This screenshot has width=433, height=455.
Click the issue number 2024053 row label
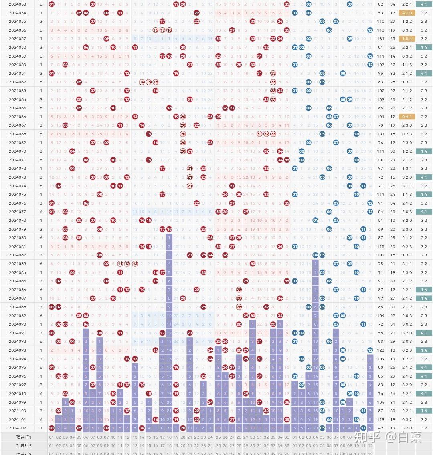(17, 4)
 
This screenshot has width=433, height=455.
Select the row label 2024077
(17, 211)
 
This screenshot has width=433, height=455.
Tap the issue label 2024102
(17, 428)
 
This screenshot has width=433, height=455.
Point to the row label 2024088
(17, 307)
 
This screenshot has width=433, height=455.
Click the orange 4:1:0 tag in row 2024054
(407, 13)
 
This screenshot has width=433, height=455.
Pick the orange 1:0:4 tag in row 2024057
(407, 38)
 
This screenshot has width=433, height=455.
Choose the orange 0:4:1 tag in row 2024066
(407, 117)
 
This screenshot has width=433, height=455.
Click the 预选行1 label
(24, 437)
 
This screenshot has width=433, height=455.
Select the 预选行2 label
(24, 445)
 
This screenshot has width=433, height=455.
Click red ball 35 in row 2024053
(287, 4)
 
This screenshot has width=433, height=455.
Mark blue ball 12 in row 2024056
(370, 30)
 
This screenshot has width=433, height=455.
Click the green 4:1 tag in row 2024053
(424, 4)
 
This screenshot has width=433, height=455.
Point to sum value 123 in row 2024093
(380, 350)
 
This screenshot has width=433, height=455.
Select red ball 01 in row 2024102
(51, 428)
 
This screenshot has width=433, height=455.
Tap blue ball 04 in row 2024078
(316, 220)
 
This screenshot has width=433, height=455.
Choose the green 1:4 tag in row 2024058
(424, 47)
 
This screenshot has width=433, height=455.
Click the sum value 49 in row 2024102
(380, 428)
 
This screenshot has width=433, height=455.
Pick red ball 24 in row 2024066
(210, 117)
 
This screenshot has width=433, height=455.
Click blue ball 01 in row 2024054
(295, 13)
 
